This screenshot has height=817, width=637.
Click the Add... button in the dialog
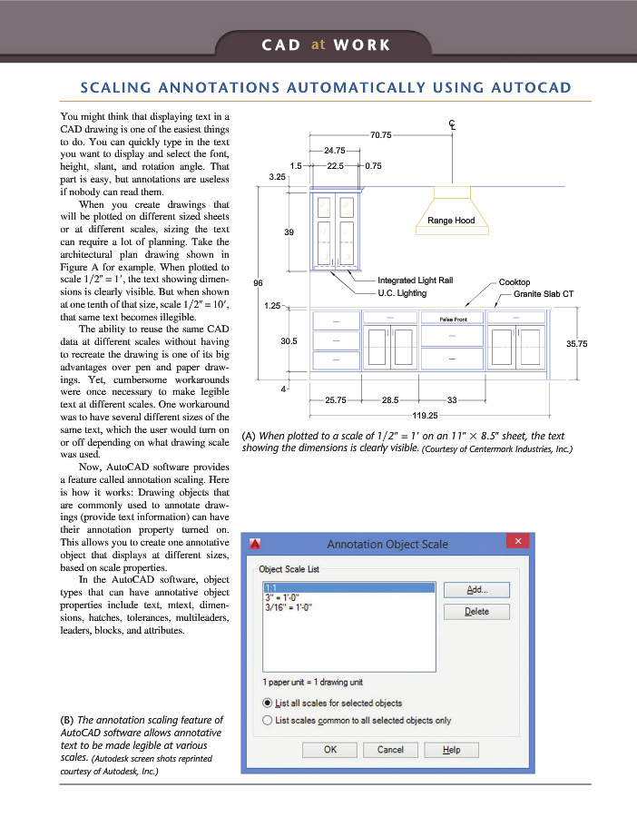coord(476,589)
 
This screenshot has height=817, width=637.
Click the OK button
coord(329,749)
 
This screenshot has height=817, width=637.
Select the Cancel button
coord(390,749)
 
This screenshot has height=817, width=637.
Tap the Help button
coord(451,749)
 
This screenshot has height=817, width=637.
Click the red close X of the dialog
coord(517,542)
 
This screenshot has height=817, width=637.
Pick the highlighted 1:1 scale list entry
coord(270,588)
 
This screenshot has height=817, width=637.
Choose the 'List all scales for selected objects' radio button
coord(268,703)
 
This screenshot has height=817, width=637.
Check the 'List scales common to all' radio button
coord(268,720)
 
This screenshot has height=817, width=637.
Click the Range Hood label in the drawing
coord(451,221)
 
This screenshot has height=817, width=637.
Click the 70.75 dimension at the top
coord(381,134)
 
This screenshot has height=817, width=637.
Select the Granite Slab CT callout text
coord(544,294)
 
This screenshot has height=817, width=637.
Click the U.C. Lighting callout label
coord(402,294)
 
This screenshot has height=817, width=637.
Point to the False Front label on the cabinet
coord(452,320)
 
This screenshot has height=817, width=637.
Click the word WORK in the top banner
coord(361,44)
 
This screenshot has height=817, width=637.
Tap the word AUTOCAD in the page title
coord(524,88)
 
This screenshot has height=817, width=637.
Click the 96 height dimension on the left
coord(259,282)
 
